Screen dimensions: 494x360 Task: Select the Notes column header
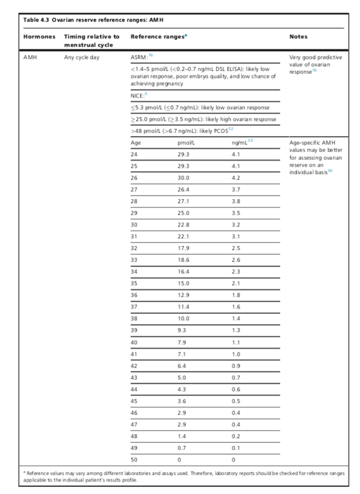click(x=298, y=37)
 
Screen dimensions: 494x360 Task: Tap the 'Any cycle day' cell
click(x=82, y=57)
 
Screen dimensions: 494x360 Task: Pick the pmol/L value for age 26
click(x=183, y=177)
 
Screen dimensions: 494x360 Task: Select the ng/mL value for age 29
click(x=236, y=213)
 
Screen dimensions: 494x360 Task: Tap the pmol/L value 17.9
click(x=183, y=248)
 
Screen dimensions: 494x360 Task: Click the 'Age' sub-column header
click(x=135, y=142)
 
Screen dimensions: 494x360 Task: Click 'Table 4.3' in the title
click(x=36, y=20)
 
